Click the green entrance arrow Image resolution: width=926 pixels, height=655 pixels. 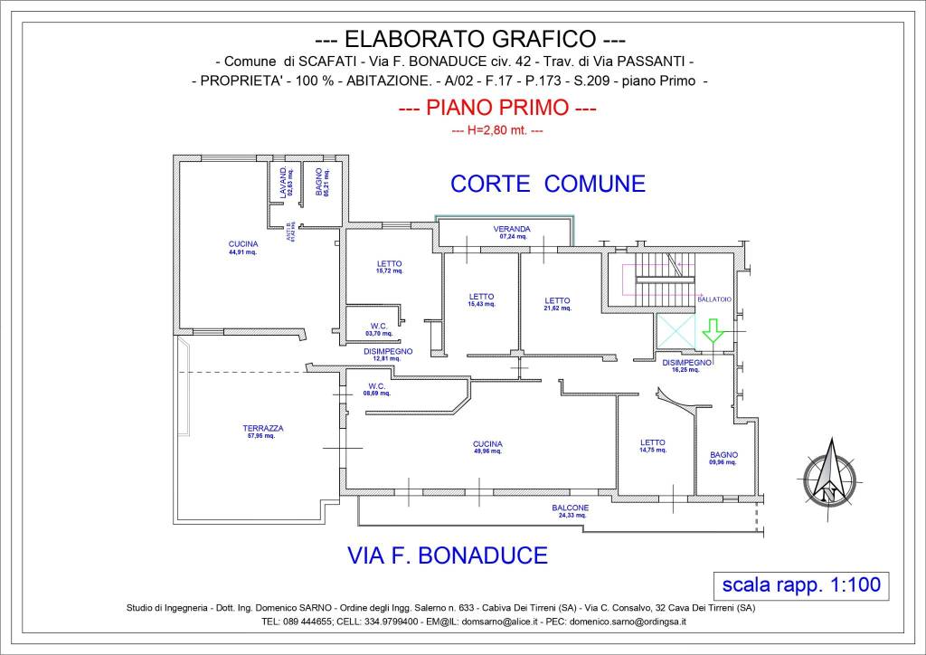tap(713, 331)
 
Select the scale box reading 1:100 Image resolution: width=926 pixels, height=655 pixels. tap(796, 584)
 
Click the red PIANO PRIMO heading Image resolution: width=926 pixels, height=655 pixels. tap(497, 109)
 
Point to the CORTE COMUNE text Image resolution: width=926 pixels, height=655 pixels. tap(548, 184)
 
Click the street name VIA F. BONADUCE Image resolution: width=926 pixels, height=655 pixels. tap(448, 555)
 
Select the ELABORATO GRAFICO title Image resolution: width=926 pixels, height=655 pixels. tap(469, 40)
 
